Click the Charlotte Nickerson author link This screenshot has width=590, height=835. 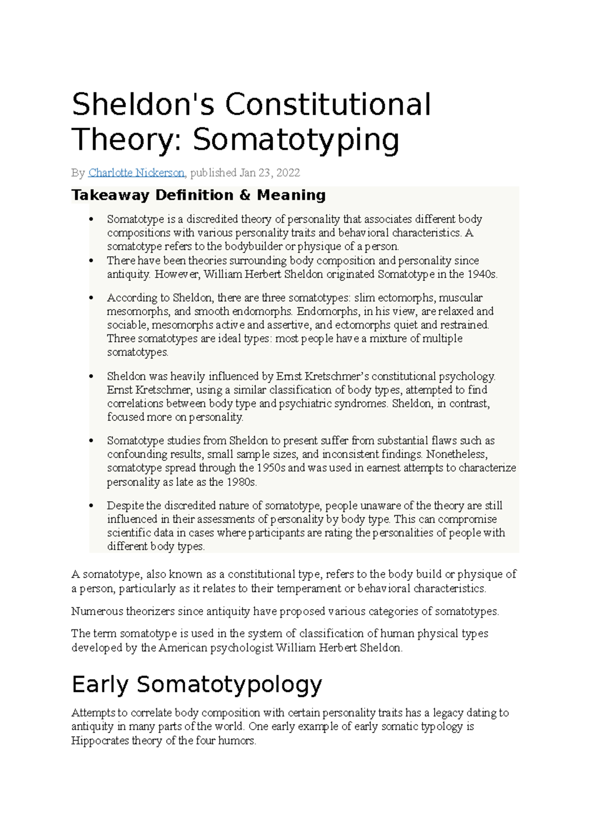pyautogui.click(x=136, y=173)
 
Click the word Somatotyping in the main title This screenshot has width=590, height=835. pyautogui.click(x=295, y=140)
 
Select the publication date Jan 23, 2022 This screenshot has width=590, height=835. pyautogui.click(x=269, y=173)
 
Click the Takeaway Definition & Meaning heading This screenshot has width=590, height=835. pyautogui.click(x=199, y=195)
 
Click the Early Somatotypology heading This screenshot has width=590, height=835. pyautogui.click(x=197, y=684)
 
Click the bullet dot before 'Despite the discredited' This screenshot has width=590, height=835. pyautogui.click(x=90, y=506)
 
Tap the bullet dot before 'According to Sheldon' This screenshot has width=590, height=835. pyautogui.click(x=90, y=298)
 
